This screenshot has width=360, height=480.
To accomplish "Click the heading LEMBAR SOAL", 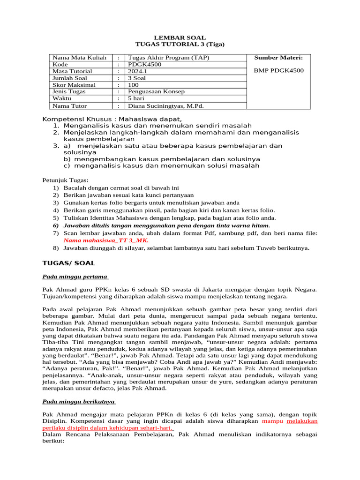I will [x=180, y=37].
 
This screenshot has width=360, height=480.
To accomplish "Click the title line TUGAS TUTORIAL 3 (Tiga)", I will [x=180, y=45].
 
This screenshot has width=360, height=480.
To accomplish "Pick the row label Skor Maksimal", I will [x=74, y=85].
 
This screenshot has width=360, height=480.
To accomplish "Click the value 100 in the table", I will [x=134, y=85].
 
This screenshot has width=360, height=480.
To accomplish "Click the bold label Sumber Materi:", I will [x=278, y=58].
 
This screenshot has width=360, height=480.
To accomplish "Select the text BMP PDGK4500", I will [x=278, y=71].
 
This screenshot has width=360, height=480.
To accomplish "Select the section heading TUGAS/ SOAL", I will [x=68, y=263].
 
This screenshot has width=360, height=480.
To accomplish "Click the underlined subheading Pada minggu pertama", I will [x=75, y=277].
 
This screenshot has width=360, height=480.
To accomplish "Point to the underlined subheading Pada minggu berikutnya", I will [x=79, y=401].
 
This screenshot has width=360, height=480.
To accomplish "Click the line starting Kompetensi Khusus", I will [x=112, y=119].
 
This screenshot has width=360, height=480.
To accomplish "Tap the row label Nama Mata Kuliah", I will [x=79, y=58].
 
